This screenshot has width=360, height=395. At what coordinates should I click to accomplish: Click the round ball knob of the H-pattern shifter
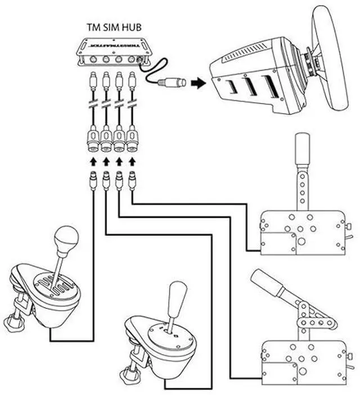[x=67, y=240]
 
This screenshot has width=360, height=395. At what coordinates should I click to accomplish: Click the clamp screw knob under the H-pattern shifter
[x=12, y=322]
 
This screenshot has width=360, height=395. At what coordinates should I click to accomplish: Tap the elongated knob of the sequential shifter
[x=177, y=298]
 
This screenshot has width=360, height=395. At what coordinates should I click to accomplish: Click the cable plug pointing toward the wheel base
[x=172, y=83]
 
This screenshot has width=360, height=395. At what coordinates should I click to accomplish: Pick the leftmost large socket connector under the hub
[x=93, y=138]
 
